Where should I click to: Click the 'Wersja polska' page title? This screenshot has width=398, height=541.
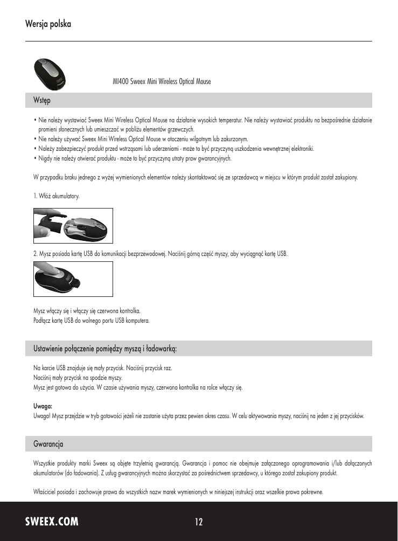(48, 24)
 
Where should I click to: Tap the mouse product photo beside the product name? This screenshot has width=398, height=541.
(51, 74)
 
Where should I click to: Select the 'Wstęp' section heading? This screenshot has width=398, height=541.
(42, 100)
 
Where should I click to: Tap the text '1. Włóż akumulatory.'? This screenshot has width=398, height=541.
(57, 197)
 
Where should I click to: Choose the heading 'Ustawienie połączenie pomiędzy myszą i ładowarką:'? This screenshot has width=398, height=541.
(105, 349)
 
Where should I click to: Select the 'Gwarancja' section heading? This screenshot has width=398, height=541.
(48, 444)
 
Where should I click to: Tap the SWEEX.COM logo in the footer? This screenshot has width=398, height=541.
(52, 522)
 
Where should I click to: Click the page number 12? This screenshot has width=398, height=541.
(199, 522)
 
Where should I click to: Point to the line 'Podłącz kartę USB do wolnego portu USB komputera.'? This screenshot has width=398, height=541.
(91, 321)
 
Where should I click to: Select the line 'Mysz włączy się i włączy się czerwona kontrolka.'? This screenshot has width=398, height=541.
(87, 311)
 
